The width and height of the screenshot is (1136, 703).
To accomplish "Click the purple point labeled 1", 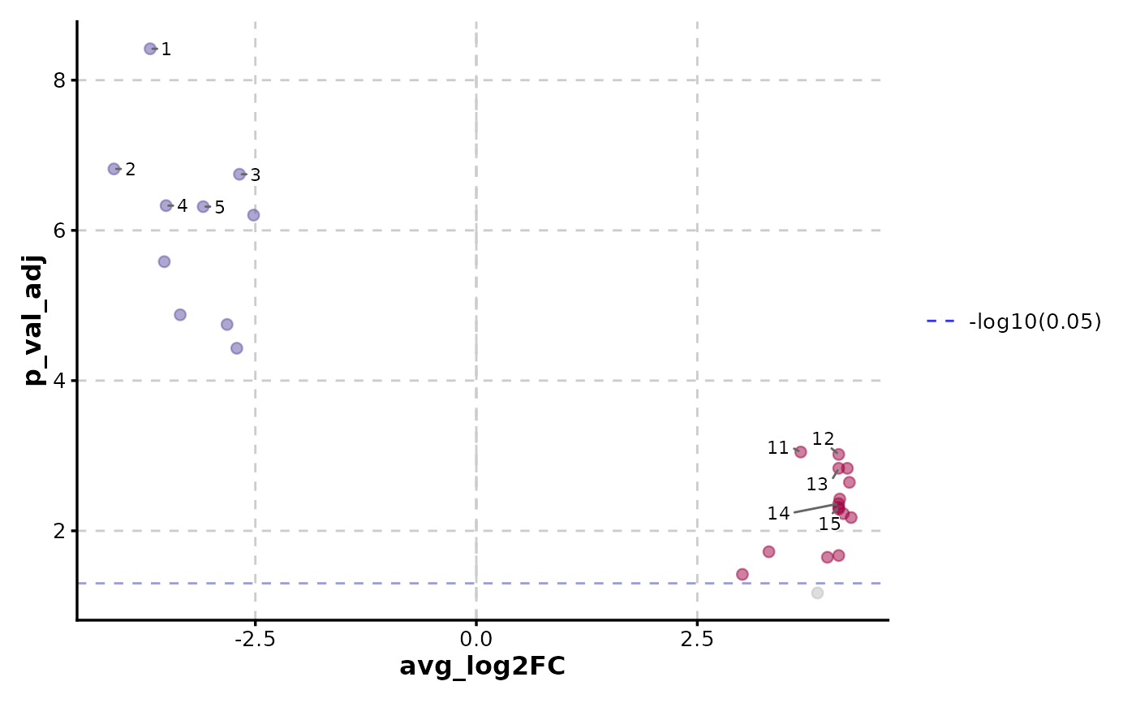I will pyautogui.click(x=150, y=49).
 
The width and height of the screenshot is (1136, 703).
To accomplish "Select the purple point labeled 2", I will pyautogui.click(x=114, y=169).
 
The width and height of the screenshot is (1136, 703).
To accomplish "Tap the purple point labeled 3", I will pyautogui.click(x=239, y=175).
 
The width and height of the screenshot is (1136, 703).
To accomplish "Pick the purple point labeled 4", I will pyautogui.click(x=166, y=206).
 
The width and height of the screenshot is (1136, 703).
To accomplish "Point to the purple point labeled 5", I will pyautogui.click(x=204, y=207).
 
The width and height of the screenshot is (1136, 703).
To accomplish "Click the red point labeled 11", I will pyautogui.click(x=801, y=452).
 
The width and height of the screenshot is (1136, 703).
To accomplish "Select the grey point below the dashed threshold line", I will pyautogui.click(x=817, y=593).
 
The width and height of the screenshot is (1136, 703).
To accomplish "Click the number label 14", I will pyautogui.click(x=778, y=514).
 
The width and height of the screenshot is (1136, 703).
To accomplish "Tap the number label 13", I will pyautogui.click(x=817, y=485).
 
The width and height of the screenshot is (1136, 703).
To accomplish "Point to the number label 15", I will pyautogui.click(x=829, y=524).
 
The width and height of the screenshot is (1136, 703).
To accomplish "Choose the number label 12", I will pyautogui.click(x=823, y=439).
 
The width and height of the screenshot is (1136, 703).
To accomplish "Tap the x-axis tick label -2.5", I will pyautogui.click(x=255, y=639).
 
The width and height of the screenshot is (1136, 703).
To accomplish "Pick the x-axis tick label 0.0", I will pyautogui.click(x=476, y=639).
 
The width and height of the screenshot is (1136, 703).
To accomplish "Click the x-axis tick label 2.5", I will pyautogui.click(x=697, y=639).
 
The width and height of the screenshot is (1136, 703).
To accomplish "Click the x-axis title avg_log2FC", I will pyautogui.click(x=482, y=667).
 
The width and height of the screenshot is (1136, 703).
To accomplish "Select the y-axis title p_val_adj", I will pyautogui.click(x=34, y=321).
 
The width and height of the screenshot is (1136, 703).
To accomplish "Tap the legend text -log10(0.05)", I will pyautogui.click(x=1035, y=322).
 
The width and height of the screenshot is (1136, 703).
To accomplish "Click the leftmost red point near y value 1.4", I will pyautogui.click(x=742, y=575).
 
